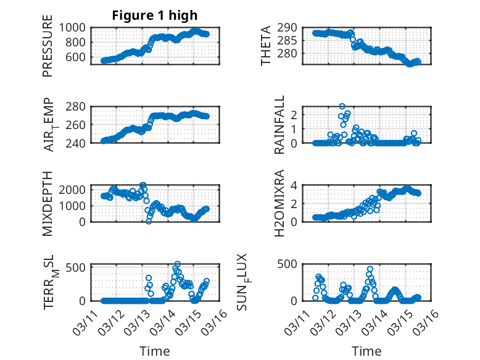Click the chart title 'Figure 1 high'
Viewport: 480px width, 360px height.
click(x=155, y=15)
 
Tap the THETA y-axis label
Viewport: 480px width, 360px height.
click(x=266, y=46)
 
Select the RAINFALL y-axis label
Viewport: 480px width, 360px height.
click(x=279, y=125)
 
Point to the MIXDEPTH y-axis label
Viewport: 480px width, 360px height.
click(x=48, y=203)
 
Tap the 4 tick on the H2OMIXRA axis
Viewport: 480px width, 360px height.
click(x=296, y=185)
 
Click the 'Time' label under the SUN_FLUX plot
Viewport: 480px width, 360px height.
click(x=366, y=351)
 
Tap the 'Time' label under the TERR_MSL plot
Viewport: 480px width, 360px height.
click(x=155, y=351)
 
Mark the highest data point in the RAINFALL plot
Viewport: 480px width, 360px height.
click(x=342, y=106)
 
